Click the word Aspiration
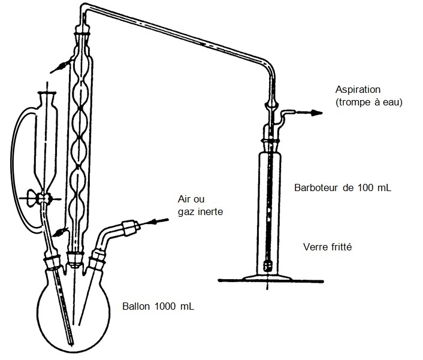click(358, 90)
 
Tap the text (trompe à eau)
click(368, 102)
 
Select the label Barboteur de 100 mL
click(343, 187)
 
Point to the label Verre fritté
click(327, 247)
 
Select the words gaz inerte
click(200, 211)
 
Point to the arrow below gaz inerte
click(159, 223)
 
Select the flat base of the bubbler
click(268, 277)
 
